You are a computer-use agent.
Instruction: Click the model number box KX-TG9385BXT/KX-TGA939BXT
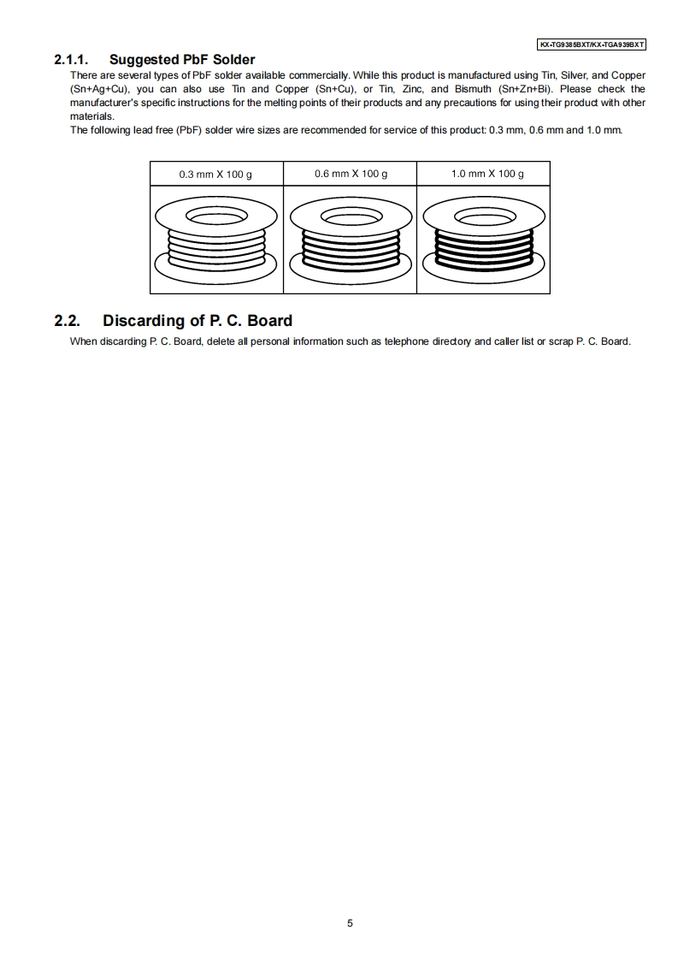(x=591, y=44)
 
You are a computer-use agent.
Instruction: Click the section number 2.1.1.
(x=73, y=60)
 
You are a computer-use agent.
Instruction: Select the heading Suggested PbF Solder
(x=181, y=60)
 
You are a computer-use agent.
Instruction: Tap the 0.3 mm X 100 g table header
(x=215, y=174)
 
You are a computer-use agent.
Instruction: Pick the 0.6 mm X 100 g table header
(x=351, y=174)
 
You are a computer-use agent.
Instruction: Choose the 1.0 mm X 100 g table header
(x=487, y=174)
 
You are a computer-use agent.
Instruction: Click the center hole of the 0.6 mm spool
(x=351, y=216)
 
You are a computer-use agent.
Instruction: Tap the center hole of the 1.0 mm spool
(x=486, y=216)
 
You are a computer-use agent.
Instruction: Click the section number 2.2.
(x=67, y=321)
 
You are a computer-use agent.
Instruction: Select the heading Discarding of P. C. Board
(x=198, y=321)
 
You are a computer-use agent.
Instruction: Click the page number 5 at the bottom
(x=350, y=923)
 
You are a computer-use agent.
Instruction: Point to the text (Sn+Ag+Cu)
(x=100, y=89)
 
